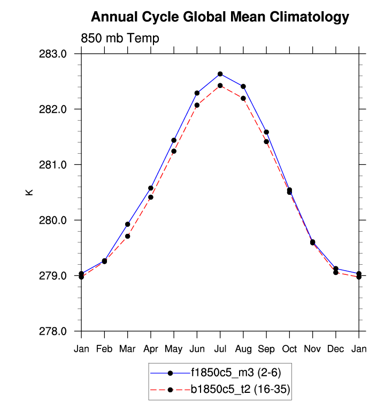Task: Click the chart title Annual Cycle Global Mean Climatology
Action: pos(220,17)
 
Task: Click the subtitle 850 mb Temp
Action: pos(120,38)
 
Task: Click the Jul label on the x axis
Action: pos(220,349)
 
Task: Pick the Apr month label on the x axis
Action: pos(151,349)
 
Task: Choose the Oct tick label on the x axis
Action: pos(289,349)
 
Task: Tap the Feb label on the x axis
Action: pos(104,349)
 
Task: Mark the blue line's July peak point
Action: pos(220,74)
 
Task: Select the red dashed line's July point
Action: pos(220,85)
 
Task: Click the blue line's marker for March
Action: pos(127,224)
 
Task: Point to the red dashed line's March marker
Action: pos(127,236)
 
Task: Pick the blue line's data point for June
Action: pos(197,93)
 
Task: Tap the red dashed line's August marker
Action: pos(243,98)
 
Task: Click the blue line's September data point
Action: pos(266,132)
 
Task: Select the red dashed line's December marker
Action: pos(336,272)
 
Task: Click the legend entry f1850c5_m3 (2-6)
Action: pos(235,373)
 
